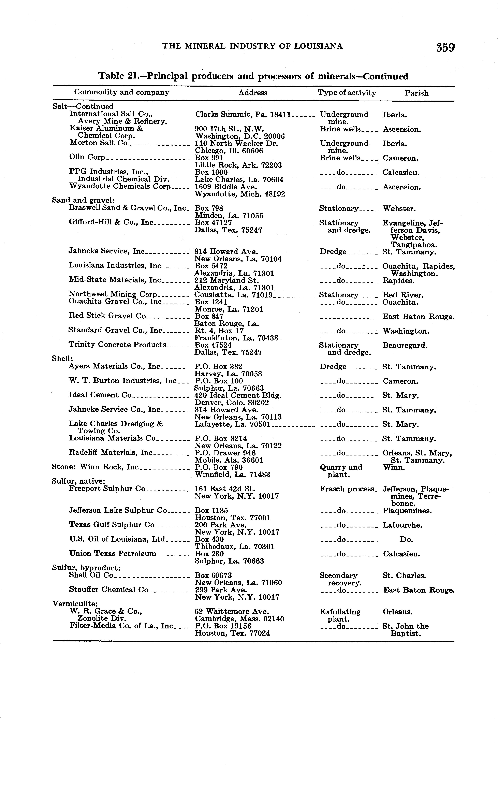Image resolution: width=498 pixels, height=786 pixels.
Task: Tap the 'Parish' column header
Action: (x=416, y=93)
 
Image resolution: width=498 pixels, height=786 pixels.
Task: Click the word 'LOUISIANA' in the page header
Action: (x=318, y=46)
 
